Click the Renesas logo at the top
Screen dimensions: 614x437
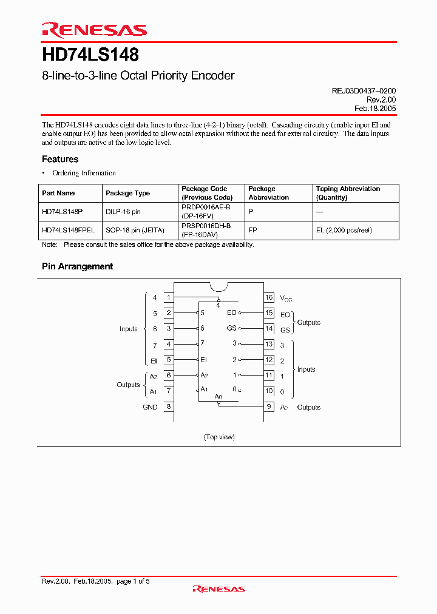coord(94,30)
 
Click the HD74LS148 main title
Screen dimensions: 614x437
coord(90,55)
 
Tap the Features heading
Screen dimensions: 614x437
coord(60,159)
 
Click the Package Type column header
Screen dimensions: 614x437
coord(127,193)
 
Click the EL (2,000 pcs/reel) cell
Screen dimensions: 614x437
coord(344,230)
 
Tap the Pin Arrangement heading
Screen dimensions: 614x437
coord(77,266)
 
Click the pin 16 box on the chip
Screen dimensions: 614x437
coord(269,297)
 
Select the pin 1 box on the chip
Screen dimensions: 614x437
coord(168,297)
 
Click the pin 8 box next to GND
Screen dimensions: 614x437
coord(168,407)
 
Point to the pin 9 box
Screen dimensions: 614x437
coord(269,407)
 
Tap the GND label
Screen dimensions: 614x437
coord(150,407)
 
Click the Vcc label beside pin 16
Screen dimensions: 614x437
coord(285,298)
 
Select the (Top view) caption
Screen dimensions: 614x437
coord(219,437)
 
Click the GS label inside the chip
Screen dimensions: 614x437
coord(232,328)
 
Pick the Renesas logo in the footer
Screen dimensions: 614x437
coord(218,589)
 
